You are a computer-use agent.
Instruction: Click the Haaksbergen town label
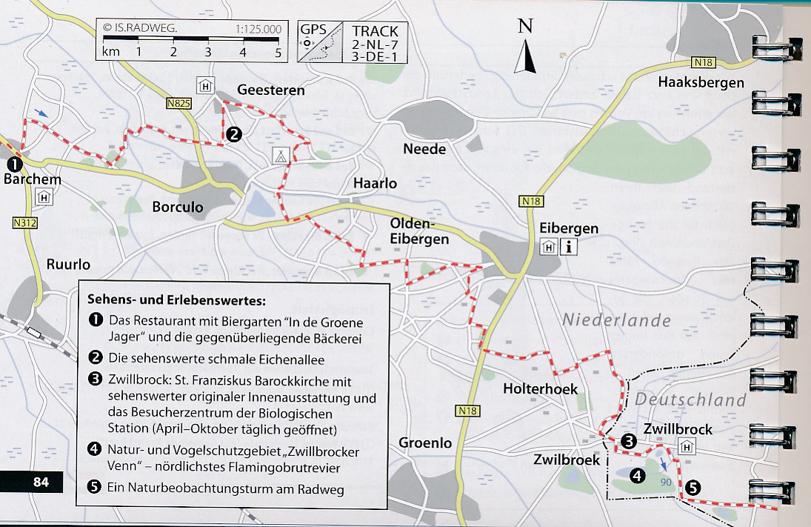(x=701, y=82)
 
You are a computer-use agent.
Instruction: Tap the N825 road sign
(x=178, y=105)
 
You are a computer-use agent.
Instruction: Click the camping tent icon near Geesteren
(x=280, y=156)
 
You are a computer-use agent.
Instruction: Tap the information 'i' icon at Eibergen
(x=569, y=248)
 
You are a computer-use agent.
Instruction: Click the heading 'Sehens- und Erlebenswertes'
(x=176, y=301)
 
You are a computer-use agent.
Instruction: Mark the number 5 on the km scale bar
(x=278, y=53)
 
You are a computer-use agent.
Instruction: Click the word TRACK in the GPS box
(x=375, y=32)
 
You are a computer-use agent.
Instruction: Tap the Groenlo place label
(x=425, y=443)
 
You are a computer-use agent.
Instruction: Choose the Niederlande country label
(x=616, y=321)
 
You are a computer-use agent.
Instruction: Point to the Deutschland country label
(x=690, y=400)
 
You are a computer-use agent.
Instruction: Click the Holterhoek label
(x=540, y=388)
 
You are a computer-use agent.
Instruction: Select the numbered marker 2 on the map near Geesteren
(x=234, y=134)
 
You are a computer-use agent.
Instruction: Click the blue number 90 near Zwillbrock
(x=667, y=482)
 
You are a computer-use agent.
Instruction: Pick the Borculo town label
(x=178, y=208)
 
